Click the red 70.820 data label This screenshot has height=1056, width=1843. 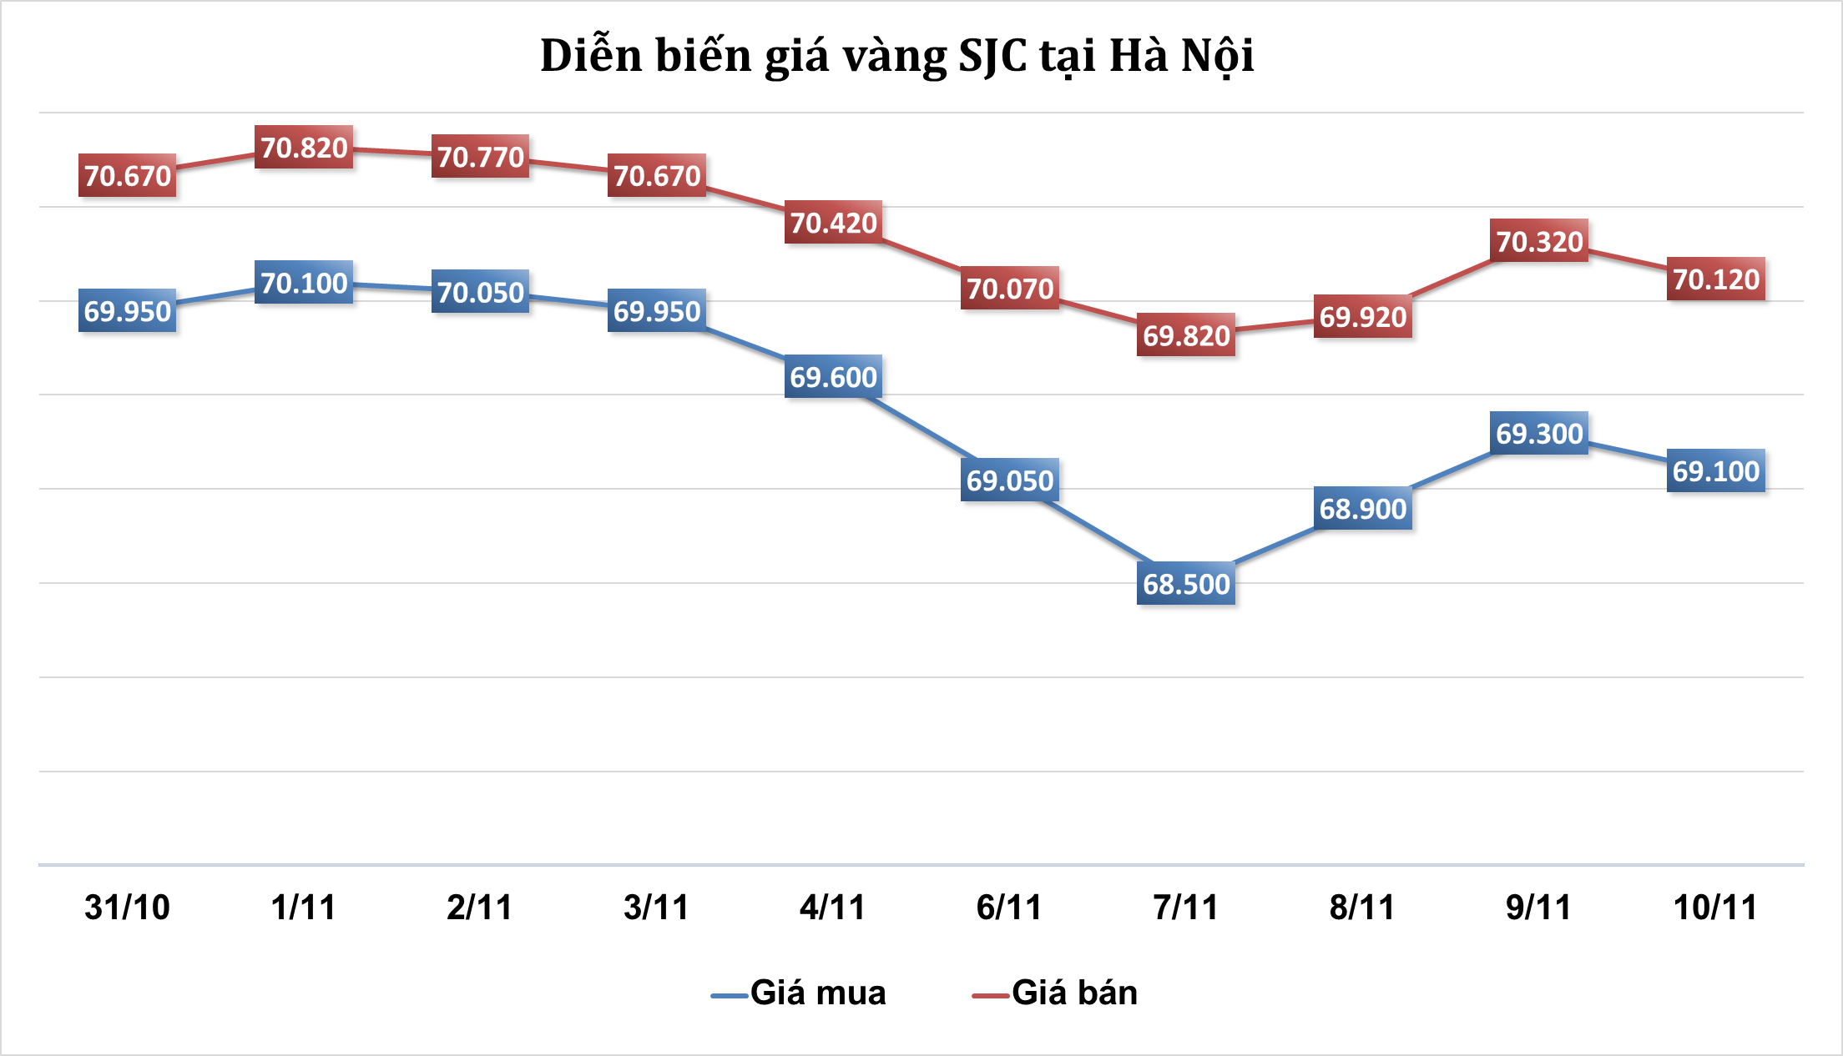[304, 148]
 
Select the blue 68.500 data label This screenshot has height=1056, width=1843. [1186, 584]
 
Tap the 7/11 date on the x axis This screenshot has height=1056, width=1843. [1186, 907]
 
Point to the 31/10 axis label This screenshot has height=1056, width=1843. [127, 907]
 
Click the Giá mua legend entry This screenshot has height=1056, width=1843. [800, 993]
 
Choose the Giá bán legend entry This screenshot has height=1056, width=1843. [1056, 993]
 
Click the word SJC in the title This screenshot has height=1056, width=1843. [992, 56]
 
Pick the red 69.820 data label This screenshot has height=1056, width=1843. [1186, 335]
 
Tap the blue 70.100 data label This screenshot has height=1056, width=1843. [304, 283]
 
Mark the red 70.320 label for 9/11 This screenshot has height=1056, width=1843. [1539, 241]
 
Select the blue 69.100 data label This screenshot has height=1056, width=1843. [1716, 471]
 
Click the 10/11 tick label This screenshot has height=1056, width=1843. [1716, 907]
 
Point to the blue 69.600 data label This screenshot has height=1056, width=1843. [833, 377]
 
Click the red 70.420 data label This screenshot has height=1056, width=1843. [833, 223]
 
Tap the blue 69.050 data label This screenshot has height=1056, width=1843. [1010, 480]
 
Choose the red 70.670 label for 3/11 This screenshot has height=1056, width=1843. [657, 176]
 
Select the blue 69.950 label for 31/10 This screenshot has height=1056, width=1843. [127, 311]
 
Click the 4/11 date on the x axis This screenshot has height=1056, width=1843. [833, 907]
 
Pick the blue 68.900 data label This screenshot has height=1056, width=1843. [1363, 509]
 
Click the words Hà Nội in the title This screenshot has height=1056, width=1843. [1181, 56]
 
